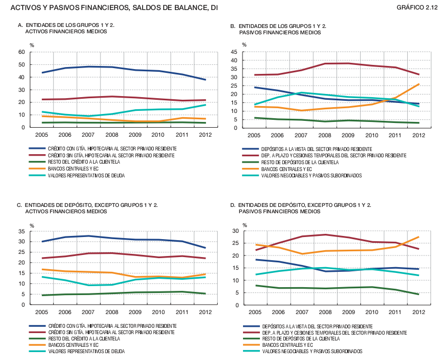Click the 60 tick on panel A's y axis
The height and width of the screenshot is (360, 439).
(x=22, y=52)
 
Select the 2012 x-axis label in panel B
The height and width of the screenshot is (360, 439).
(x=418, y=136)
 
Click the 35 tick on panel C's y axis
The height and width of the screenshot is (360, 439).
(x=22, y=231)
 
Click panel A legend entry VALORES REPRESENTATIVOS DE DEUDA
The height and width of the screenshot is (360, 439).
(x=87, y=175)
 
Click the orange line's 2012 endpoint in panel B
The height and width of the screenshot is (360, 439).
(x=418, y=84)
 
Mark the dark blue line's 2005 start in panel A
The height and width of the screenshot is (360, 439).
(x=42, y=72)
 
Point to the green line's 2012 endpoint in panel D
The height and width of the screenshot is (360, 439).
(x=418, y=294)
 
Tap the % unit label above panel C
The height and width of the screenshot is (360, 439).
(x=32, y=225)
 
